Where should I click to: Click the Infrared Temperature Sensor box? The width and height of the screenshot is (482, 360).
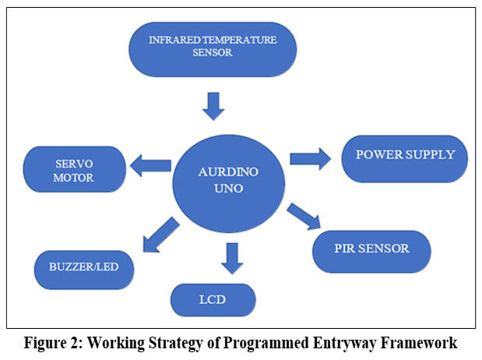point(213,49)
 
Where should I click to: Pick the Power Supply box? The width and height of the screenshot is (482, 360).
point(404,157)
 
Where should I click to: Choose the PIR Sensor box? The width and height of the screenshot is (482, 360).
point(371,250)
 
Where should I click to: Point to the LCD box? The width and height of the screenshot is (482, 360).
point(213,299)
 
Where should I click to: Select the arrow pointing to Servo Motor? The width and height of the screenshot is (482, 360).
point(150,165)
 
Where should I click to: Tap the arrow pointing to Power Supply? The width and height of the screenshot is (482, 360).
point(310,158)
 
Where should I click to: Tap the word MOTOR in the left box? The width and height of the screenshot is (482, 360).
point(76,178)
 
